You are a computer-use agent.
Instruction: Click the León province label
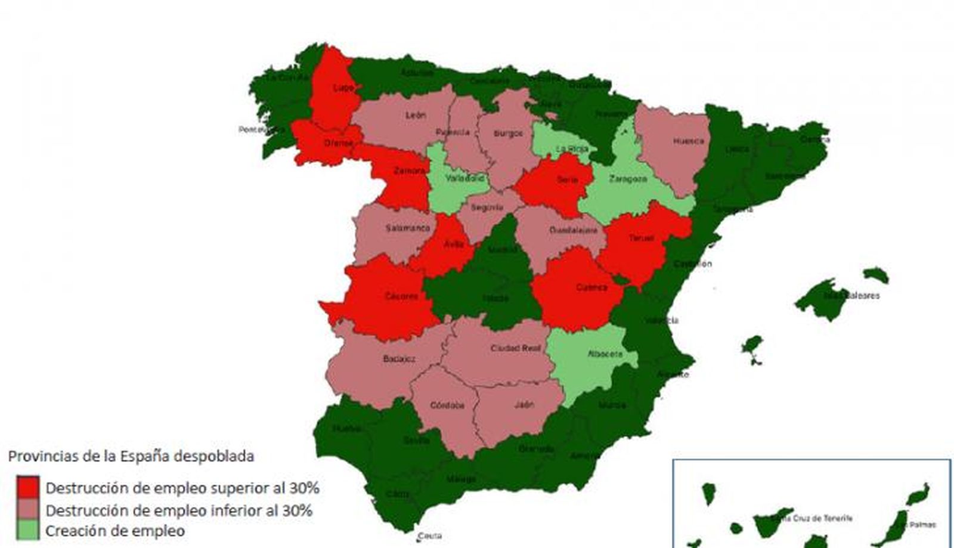416,115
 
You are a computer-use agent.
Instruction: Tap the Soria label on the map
567,179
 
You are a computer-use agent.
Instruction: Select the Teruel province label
642,238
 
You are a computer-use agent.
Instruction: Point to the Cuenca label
591,287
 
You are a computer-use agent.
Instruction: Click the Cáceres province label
401,296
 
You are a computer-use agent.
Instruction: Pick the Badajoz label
399,359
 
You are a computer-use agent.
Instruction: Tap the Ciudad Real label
515,348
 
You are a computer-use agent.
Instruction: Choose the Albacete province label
605,354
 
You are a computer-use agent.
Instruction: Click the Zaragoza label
628,179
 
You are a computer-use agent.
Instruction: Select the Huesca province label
689,141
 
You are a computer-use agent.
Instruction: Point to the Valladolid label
464,178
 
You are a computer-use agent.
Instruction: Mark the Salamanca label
408,228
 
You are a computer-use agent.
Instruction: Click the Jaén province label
524,405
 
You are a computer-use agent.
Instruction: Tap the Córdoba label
447,405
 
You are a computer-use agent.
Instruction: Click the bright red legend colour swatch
28,487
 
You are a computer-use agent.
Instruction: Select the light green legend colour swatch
28,530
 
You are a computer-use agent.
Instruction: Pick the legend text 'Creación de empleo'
115,531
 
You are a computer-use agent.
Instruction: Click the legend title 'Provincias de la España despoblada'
131,456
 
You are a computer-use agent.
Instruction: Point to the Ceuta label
429,536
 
